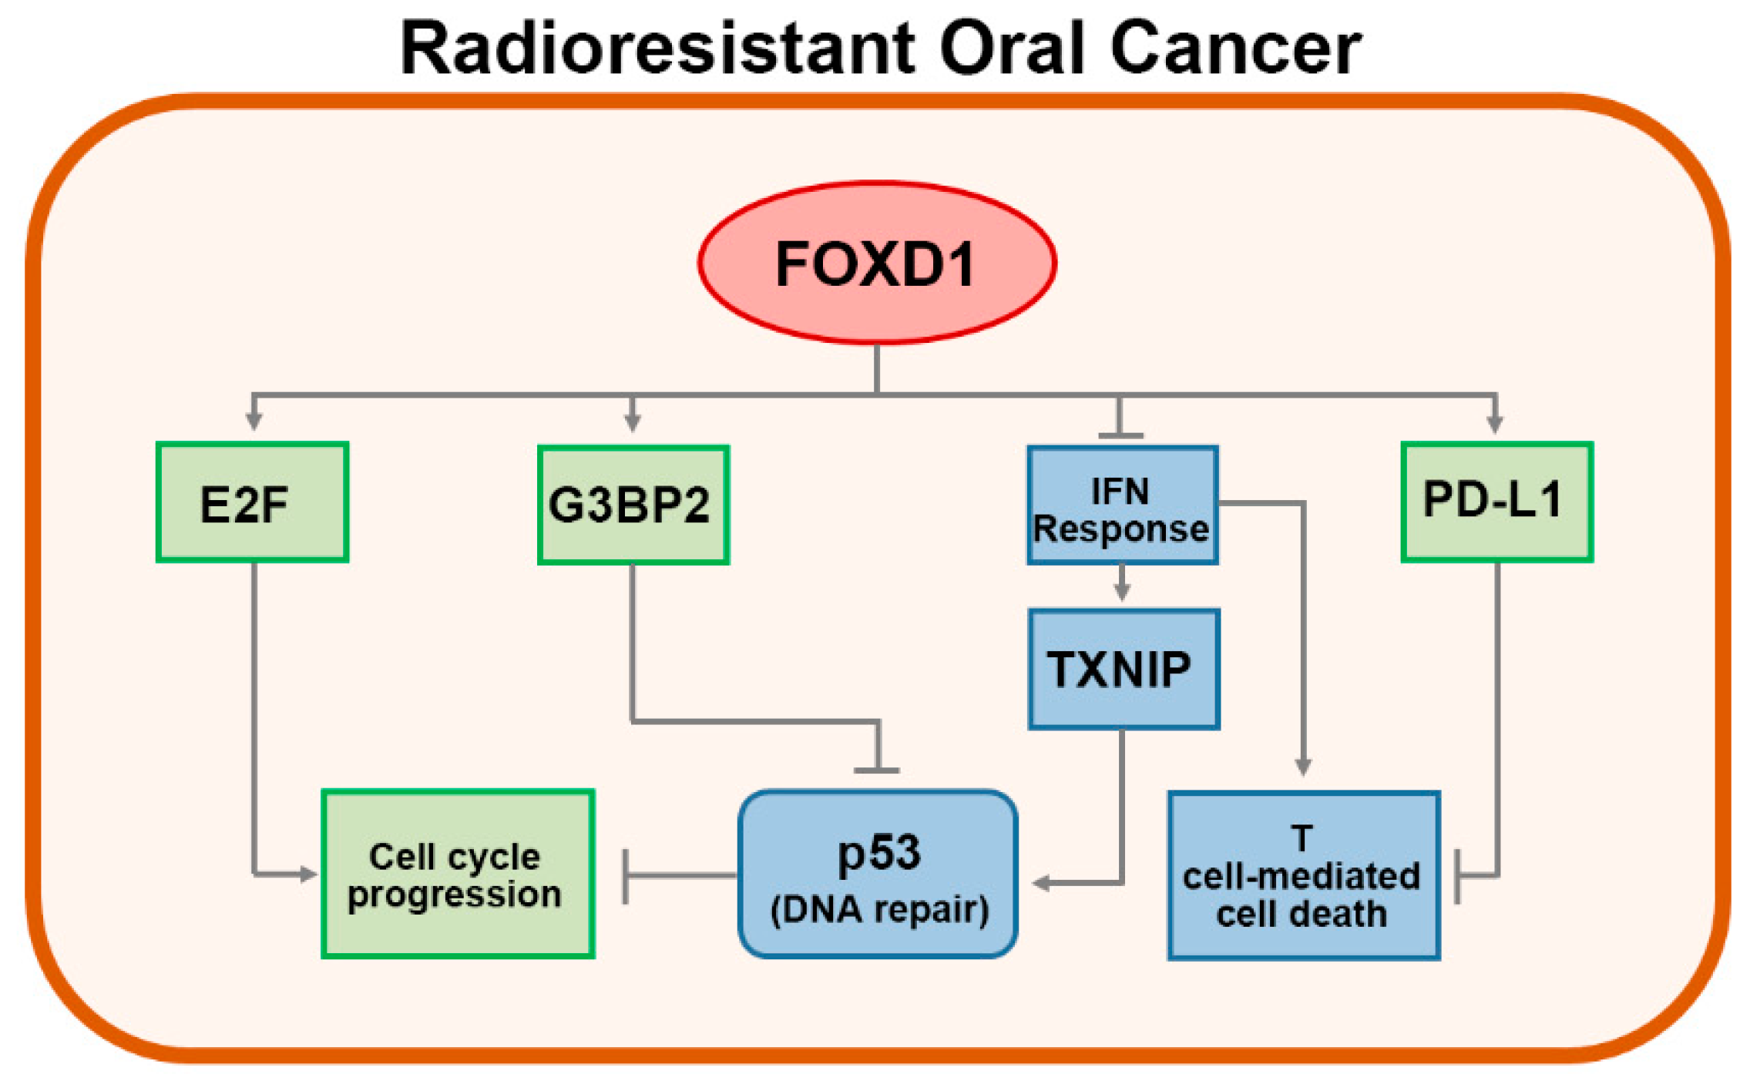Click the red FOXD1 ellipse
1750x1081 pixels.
coord(877,262)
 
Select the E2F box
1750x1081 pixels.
coord(252,502)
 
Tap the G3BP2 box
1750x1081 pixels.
coord(633,505)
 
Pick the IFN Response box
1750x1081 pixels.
coord(1123,505)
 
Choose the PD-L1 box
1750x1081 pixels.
coord(1496,502)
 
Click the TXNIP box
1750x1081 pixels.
coord(1124,669)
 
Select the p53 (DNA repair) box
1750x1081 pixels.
coord(878,874)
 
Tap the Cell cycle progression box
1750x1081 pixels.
coord(458,874)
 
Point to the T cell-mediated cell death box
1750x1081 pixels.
coord(1303,875)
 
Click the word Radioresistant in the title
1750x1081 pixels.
coord(658,48)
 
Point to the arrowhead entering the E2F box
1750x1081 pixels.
coord(254,421)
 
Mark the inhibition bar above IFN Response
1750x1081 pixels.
coord(1120,436)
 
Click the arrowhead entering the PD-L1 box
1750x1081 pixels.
coord(1495,422)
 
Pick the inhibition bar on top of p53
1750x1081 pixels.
coord(877,770)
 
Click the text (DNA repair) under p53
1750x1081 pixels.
coord(879,909)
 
